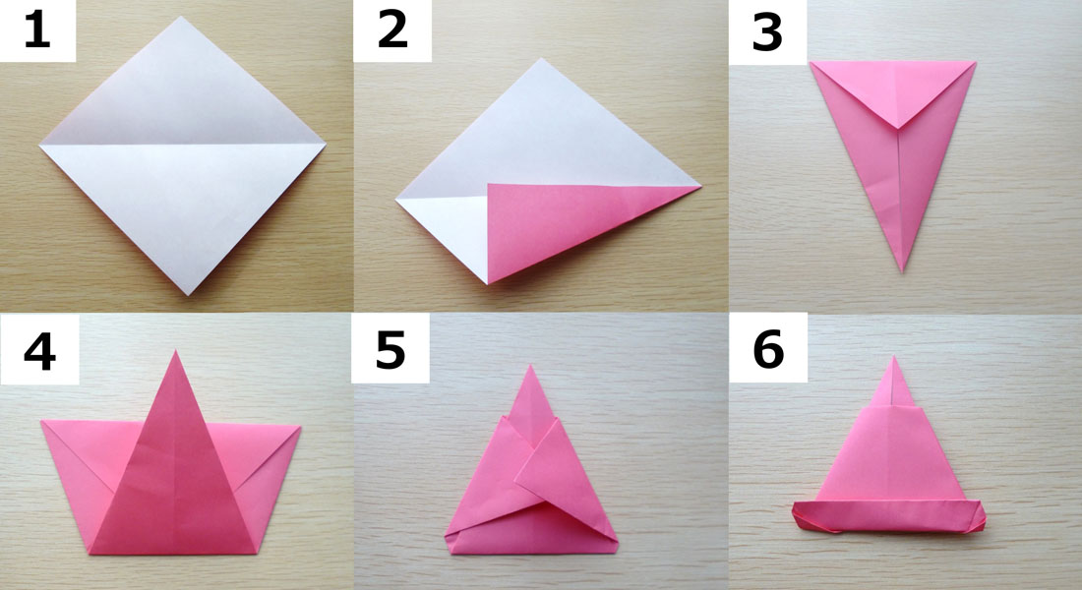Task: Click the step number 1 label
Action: tap(37, 31)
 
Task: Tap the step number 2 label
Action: tap(392, 31)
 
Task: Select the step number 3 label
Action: tap(767, 33)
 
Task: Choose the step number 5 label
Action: tap(390, 350)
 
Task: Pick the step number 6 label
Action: tap(768, 349)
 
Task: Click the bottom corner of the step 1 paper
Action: tap(188, 295)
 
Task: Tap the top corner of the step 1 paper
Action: tap(182, 17)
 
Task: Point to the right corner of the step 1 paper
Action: tap(325, 144)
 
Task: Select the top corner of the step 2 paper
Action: tap(542, 59)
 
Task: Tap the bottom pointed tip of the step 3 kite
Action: tap(902, 271)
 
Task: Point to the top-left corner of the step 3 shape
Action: tap(811, 62)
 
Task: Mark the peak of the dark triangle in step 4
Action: tap(175, 350)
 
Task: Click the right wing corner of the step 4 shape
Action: tap(301, 427)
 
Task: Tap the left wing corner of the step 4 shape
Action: tap(41, 421)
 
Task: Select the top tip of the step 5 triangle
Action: tap(530, 365)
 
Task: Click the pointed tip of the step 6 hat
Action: tap(894, 356)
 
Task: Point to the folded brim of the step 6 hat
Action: tap(889, 516)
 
